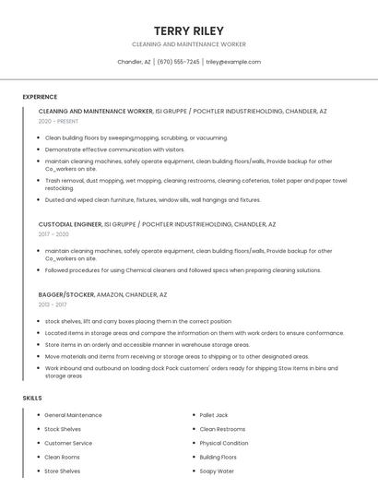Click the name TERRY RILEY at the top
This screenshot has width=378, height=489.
coord(189,30)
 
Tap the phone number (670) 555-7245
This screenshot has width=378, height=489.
coord(179,62)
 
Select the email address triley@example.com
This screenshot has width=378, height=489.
coord(233,62)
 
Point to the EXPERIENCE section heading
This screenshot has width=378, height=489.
coord(40,97)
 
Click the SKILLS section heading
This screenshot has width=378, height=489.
coord(31,398)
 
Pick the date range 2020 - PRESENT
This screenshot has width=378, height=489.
coord(58,121)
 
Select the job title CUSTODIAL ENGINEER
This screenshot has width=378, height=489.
coord(69,224)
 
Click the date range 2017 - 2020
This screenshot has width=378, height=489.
coord(53,234)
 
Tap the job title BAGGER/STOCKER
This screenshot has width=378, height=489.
coord(66,294)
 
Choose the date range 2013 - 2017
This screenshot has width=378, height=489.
coord(53,304)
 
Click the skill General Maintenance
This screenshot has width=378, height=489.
coord(73,415)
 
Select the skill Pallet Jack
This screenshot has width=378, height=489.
coord(214,415)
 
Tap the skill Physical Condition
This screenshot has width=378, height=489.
coord(224,443)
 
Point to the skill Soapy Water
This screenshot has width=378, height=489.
coord(217,471)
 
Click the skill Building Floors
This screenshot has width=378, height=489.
coord(219,457)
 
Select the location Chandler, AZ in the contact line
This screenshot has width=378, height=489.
coord(134,62)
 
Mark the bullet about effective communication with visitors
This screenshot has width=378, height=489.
coord(114,149)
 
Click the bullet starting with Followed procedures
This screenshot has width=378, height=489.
coord(183,270)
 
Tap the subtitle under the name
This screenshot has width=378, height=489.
coord(189,44)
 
